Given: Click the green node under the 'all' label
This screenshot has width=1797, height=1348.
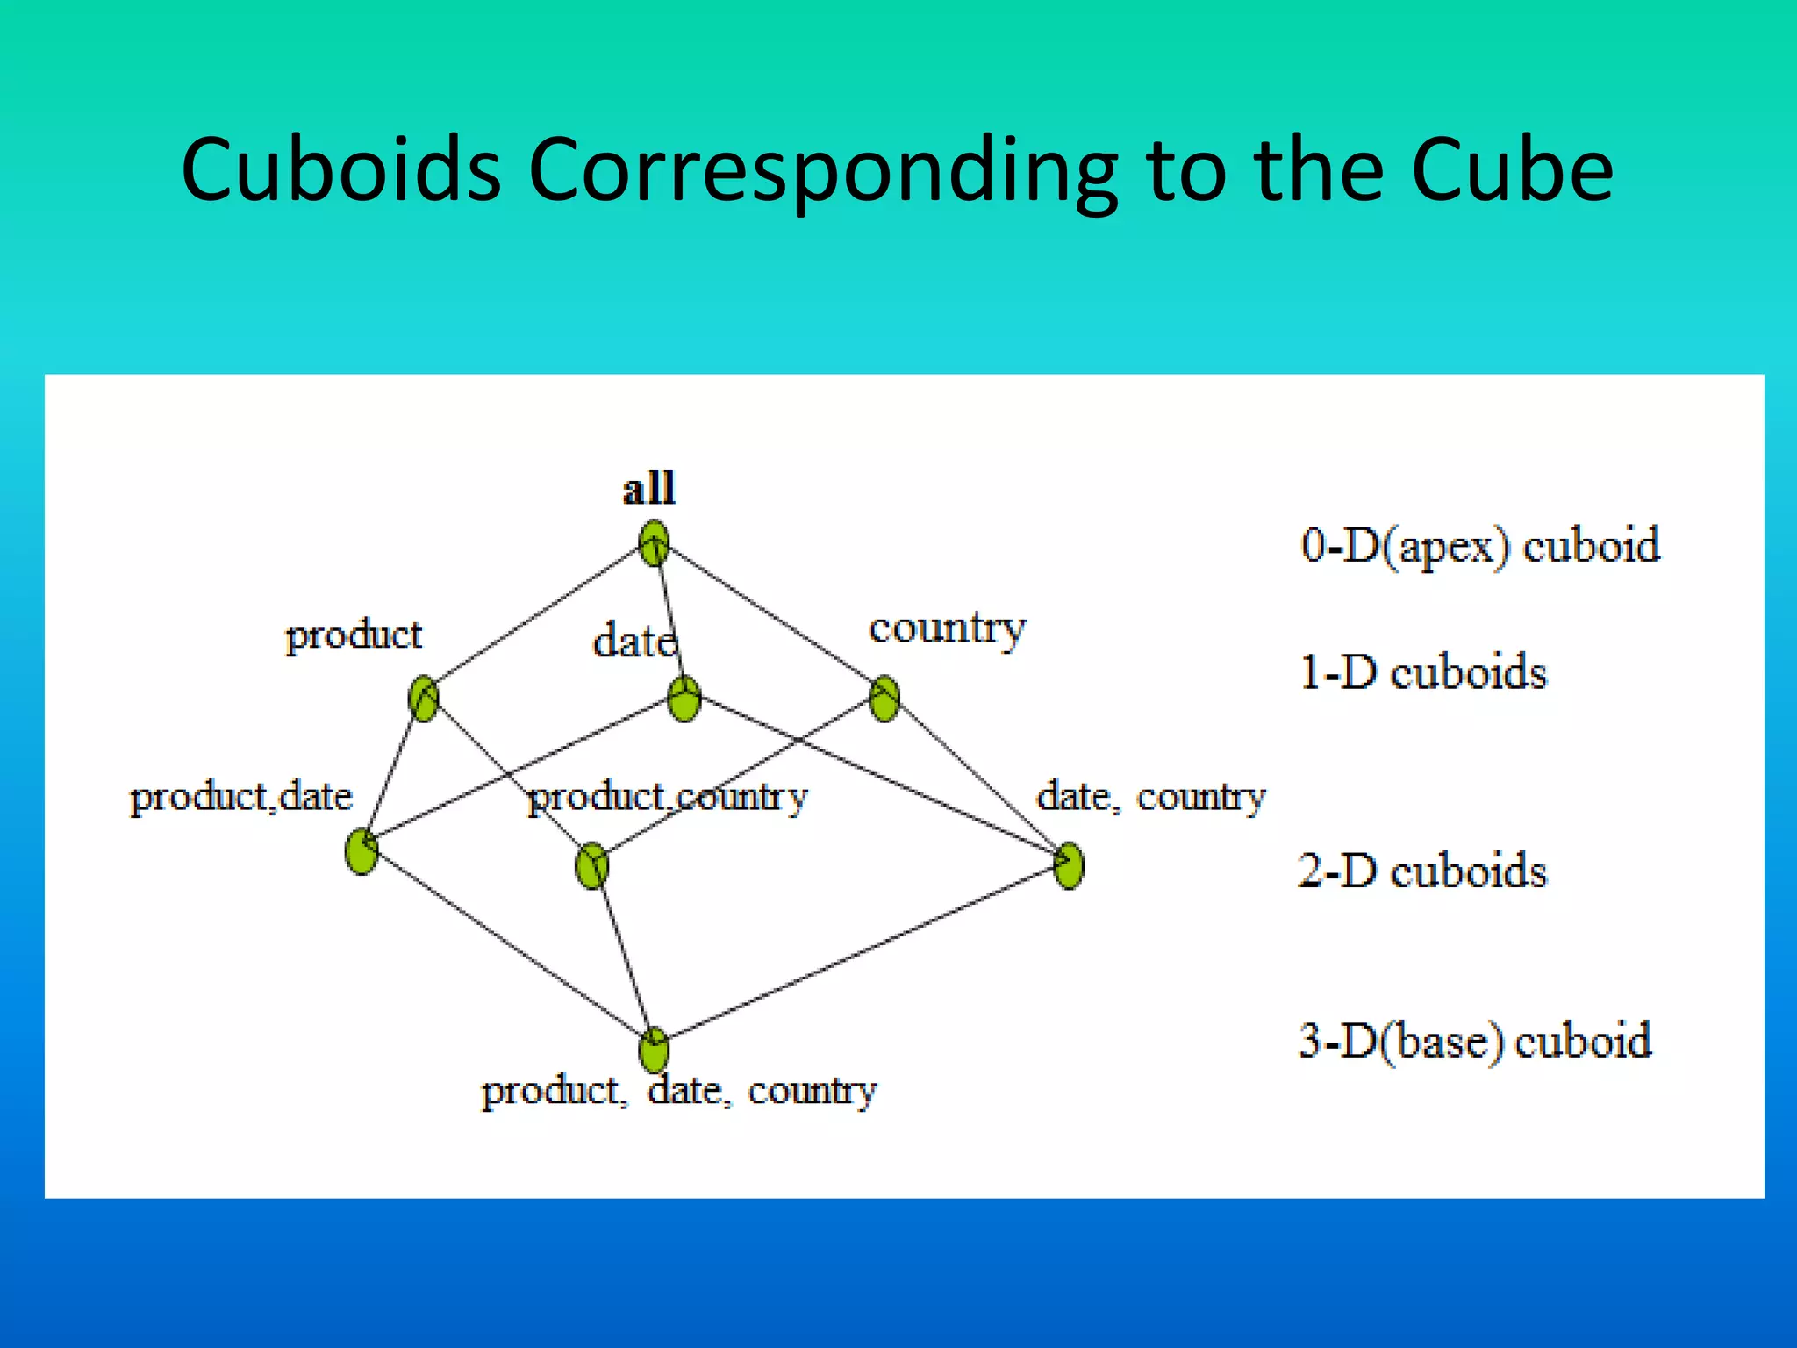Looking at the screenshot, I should pyautogui.click(x=654, y=544).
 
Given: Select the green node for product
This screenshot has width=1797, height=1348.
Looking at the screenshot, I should pyautogui.click(x=424, y=699).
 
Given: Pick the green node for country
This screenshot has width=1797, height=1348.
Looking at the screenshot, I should pyautogui.click(x=884, y=699).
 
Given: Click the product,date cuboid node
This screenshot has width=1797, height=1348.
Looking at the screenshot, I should pyautogui.click(x=362, y=851).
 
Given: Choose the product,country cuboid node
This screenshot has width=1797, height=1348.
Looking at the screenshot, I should pyautogui.click(x=592, y=866).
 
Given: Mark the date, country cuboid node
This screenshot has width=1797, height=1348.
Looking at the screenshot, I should pyautogui.click(x=1069, y=866).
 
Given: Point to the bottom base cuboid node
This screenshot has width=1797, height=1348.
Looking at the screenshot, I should pyautogui.click(x=654, y=1050).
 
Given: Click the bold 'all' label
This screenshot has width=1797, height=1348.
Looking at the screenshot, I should pyautogui.click(x=648, y=489).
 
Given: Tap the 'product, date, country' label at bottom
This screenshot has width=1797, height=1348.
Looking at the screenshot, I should pyautogui.click(x=678, y=1091).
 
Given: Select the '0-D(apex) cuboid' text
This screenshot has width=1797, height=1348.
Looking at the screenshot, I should pyautogui.click(x=1480, y=546).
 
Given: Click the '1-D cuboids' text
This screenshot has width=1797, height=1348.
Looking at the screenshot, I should pyautogui.click(x=1423, y=673).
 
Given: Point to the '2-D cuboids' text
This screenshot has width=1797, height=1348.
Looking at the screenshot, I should pyautogui.click(x=1422, y=871).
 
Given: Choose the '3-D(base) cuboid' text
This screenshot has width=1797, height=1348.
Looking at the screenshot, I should pyautogui.click(x=1475, y=1042).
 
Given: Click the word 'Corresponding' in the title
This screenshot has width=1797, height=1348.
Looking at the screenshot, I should pyautogui.click(x=823, y=171).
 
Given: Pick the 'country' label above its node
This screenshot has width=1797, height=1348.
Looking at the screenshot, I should pyautogui.click(x=947, y=629).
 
